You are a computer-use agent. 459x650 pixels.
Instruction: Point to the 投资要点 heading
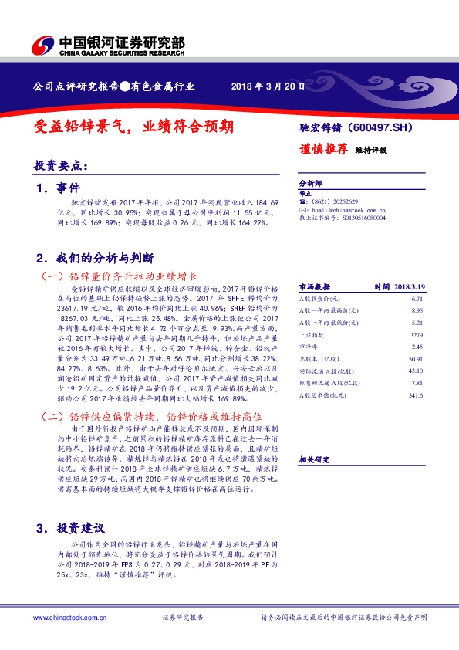point(61,165)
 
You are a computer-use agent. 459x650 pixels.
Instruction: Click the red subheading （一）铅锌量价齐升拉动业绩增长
point(120,276)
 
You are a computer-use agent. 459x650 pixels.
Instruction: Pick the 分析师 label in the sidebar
point(309,183)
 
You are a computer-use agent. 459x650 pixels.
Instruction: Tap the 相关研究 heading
point(314,459)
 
